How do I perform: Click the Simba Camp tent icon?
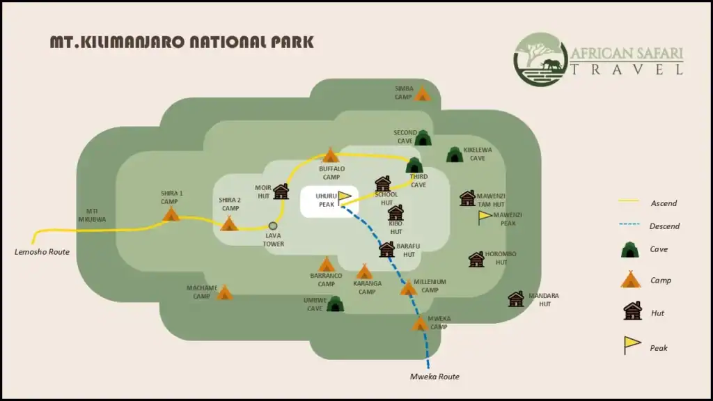(422, 93)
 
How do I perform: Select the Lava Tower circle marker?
(274, 226)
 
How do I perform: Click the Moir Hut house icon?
(281, 192)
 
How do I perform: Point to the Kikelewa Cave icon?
(454, 155)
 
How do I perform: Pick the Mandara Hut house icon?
(516, 299)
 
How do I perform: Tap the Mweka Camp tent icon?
(420, 324)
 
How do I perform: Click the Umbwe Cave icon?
(335, 304)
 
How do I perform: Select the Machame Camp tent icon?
(224, 293)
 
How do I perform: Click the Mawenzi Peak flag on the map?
(485, 217)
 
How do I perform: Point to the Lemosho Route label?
(42, 251)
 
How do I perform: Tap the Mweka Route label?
(434, 377)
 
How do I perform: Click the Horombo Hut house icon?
(476, 260)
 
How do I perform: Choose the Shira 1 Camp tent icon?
(171, 214)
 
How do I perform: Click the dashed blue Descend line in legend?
(629, 226)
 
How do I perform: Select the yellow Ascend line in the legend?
(629, 203)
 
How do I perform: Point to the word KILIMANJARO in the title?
(130, 42)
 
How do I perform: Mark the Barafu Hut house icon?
(387, 249)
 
